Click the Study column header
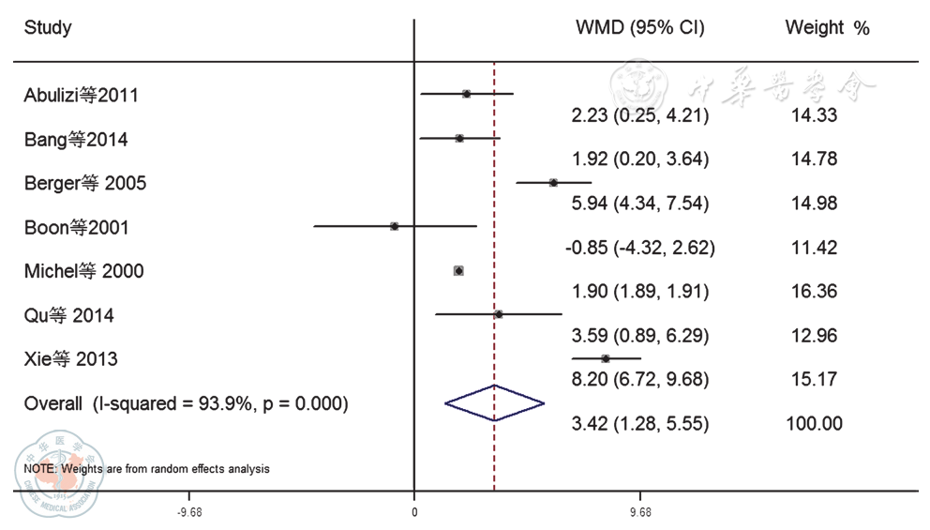[48, 28]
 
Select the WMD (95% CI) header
[639, 28]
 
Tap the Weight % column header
[827, 28]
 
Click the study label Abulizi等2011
[82, 95]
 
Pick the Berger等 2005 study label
[85, 183]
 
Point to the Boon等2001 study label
[77, 227]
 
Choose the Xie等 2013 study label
[71, 359]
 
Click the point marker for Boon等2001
[395, 226]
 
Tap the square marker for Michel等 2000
[458, 271]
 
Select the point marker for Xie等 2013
[606, 358]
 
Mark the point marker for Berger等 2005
[553, 183]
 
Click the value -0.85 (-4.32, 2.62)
[640, 249]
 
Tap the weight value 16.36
[813, 292]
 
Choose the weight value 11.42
[813, 249]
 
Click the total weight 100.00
[814, 424]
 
